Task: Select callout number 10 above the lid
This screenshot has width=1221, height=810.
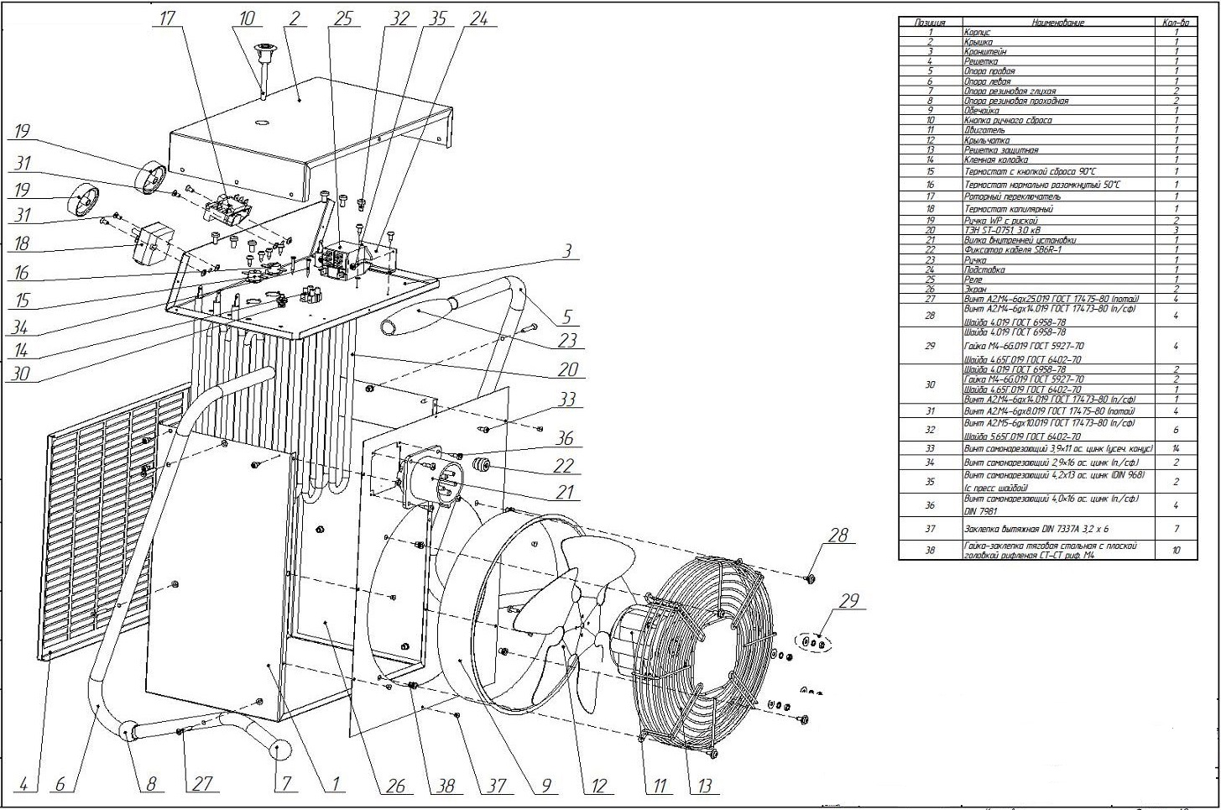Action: (246, 18)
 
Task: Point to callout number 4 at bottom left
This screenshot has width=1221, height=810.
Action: (24, 784)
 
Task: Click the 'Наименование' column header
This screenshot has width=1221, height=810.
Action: (1057, 23)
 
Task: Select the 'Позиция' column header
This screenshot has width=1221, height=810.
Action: (929, 23)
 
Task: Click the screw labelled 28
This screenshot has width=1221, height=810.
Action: (808, 577)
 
